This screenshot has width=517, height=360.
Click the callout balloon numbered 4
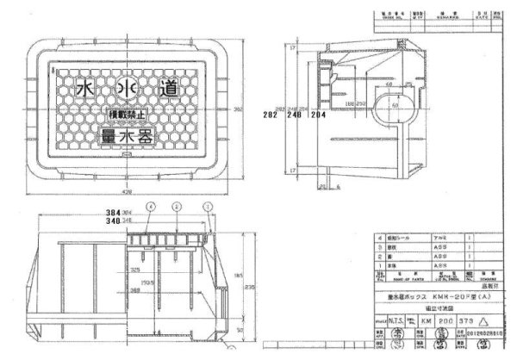[150, 207]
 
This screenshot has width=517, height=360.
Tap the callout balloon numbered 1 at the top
[206, 207]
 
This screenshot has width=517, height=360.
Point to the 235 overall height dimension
[248, 287]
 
